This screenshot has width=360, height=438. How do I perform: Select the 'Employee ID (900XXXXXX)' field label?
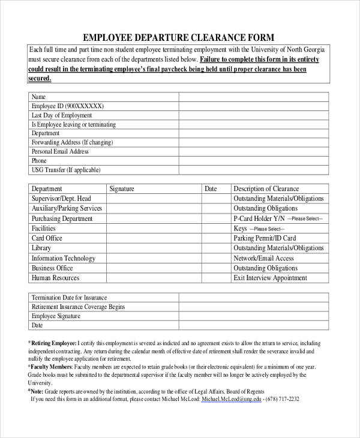(67, 106)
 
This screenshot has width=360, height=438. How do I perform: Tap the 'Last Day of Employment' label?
(62, 115)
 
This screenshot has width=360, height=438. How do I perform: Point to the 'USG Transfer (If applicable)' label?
(66, 170)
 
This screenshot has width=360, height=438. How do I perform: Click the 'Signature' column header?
(122, 189)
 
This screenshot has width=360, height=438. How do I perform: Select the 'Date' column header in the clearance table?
(211, 189)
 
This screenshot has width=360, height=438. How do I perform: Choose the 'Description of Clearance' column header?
(266, 189)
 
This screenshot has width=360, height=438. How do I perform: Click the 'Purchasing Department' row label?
(62, 218)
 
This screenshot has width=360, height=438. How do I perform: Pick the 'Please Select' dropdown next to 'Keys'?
(268, 229)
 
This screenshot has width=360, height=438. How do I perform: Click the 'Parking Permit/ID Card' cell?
(265, 238)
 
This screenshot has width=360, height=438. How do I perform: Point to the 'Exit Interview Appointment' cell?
(270, 278)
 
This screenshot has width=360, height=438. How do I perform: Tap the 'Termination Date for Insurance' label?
(69, 298)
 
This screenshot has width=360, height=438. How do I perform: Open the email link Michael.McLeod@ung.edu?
(231, 399)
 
